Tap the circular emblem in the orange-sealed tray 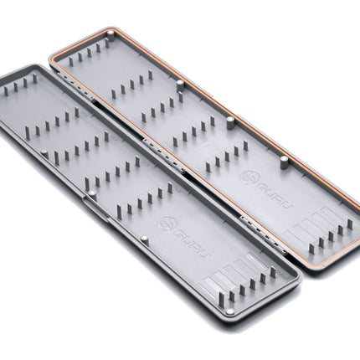point(248,178)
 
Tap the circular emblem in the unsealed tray point(167,223)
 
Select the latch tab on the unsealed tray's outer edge point(95,208)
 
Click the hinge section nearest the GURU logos point(262,234)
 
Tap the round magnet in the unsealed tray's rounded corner point(230,311)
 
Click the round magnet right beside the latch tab point(92,193)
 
